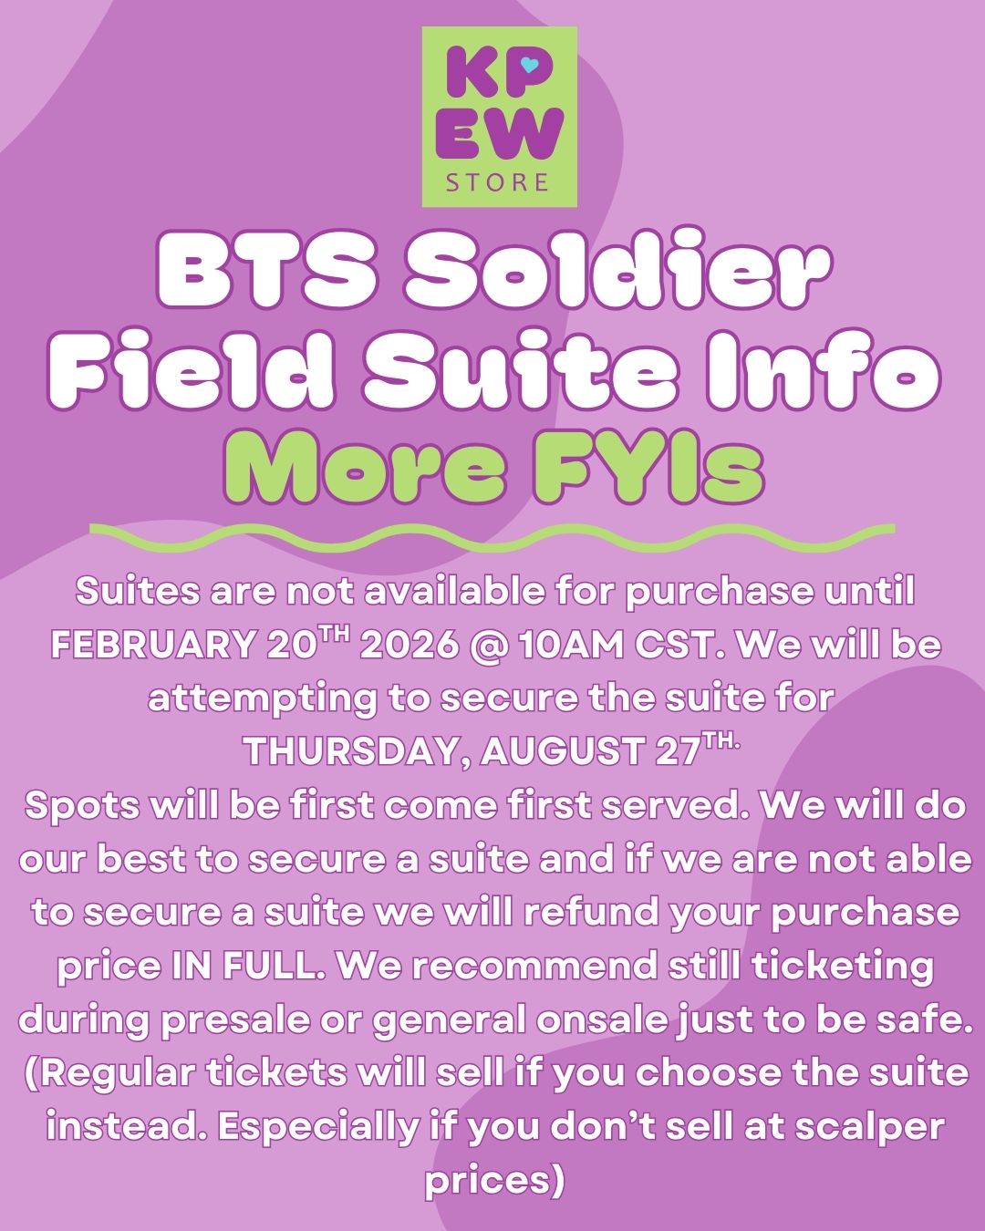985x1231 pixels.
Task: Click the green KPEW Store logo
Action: coord(499,117)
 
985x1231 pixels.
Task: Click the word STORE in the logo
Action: coord(498,181)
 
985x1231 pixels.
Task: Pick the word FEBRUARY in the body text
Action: coord(153,646)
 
